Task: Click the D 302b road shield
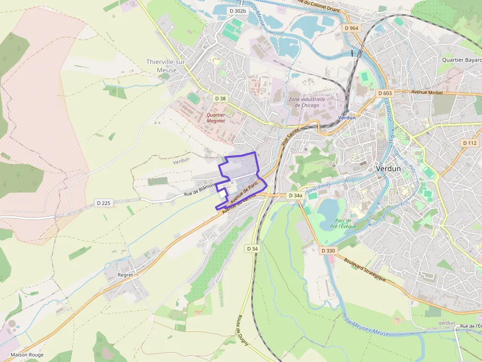pyautogui.click(x=238, y=10)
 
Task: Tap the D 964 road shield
pyautogui.click(x=352, y=28)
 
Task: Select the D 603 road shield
pyautogui.click(x=384, y=93)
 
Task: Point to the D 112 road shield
pyautogui.click(x=470, y=143)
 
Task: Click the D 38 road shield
pyautogui.click(x=220, y=99)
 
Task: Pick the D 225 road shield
pyautogui.click(x=104, y=203)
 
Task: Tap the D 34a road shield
pyautogui.click(x=295, y=195)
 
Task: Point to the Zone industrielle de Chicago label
pyautogui.click(x=307, y=102)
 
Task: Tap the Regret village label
pyautogui.click(x=125, y=275)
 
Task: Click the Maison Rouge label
pyautogui.click(x=27, y=355)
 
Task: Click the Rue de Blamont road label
pyautogui.click(x=200, y=190)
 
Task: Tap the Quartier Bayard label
pyautogui.click(x=461, y=60)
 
